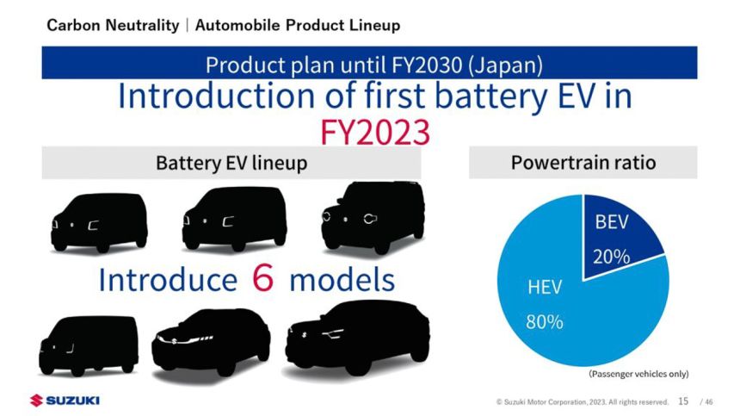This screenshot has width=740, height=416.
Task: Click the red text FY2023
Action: pos(374,132)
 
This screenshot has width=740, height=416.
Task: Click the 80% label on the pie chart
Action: pos(545,322)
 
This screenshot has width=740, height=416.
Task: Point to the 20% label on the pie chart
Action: pos(611,256)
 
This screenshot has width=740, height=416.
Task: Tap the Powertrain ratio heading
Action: pos(583,162)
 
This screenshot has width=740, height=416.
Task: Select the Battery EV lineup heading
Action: pos(231,163)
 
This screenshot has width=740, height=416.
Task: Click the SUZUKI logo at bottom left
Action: pos(65,400)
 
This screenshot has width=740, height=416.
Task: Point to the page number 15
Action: pos(683,400)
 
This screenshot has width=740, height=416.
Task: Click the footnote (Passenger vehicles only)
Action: pos(638,373)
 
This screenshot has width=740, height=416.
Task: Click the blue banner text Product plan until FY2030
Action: pos(373,65)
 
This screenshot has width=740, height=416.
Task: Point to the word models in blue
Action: pos(342,280)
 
